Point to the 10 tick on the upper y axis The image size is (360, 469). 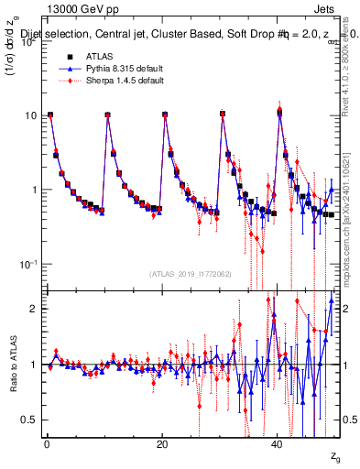click(30, 115)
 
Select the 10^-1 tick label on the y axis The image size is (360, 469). click(28, 264)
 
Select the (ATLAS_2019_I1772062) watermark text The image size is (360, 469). click(191, 273)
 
